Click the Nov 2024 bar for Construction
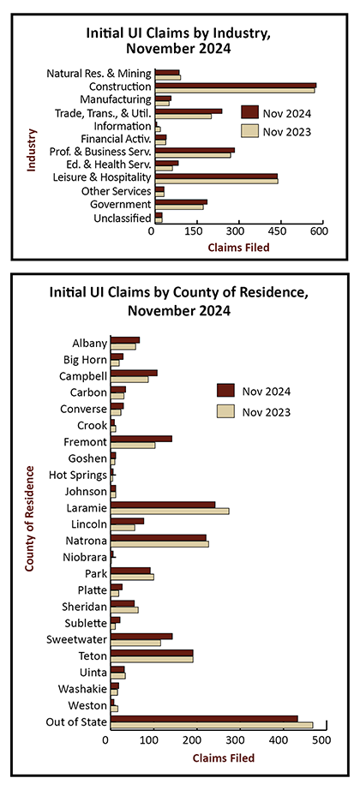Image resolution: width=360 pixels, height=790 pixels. pyautogui.click(x=236, y=86)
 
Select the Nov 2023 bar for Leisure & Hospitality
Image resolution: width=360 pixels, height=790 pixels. pyautogui.click(x=217, y=181)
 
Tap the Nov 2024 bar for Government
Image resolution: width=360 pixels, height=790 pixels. pyautogui.click(x=181, y=202)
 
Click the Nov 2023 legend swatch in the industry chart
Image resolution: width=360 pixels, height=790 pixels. pyautogui.click(x=249, y=131)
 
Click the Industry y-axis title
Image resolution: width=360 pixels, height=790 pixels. pyautogui.click(x=31, y=151)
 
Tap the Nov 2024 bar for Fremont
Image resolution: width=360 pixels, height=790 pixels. pyautogui.click(x=141, y=439)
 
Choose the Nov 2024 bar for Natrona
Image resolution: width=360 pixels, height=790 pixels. pyautogui.click(x=159, y=537)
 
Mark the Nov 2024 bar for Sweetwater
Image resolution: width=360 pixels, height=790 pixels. pyautogui.click(x=141, y=637)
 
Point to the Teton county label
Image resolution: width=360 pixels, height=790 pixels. pyautogui.click(x=93, y=656)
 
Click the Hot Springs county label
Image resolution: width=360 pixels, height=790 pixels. pyautogui.click(x=78, y=475)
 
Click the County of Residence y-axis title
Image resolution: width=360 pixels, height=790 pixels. pyautogui.click(x=29, y=518)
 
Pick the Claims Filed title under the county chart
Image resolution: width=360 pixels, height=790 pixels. pyautogui.click(x=224, y=757)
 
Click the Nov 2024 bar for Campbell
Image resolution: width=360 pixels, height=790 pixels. pyautogui.click(x=134, y=373)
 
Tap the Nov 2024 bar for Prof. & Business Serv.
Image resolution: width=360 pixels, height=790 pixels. pyautogui.click(x=195, y=150)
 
